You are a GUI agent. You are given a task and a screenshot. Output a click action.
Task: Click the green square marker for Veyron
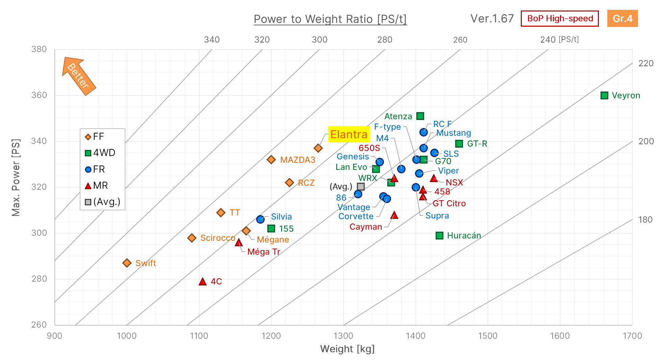pos(604,96)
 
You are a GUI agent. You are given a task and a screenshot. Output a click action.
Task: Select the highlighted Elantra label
pos(349,134)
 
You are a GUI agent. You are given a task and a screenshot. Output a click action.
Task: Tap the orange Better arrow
pos(78,76)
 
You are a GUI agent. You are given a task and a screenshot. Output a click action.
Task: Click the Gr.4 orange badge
pos(622,19)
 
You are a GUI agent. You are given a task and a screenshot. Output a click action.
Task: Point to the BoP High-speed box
pos(560,19)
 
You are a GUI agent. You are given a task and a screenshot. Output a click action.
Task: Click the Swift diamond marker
pos(127,263)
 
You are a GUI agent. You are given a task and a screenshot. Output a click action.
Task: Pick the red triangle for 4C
pos(202,281)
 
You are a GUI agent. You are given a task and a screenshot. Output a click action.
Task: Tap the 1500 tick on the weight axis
pos(488,336)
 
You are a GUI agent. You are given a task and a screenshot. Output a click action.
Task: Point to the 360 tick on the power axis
pos(39,95)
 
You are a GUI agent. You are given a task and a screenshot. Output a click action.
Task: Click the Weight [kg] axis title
pos(347,349)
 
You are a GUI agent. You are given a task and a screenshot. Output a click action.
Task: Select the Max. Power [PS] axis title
pos(16,177)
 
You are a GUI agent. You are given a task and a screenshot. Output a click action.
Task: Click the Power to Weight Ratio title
pos(330,19)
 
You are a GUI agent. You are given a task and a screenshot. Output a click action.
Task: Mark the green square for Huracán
pos(439,236)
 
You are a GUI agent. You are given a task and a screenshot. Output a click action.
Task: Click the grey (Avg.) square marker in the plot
pos(361,187)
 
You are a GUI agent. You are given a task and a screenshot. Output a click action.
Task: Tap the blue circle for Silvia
pos(260,220)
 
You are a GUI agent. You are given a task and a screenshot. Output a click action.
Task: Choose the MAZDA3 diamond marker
pos(271,160)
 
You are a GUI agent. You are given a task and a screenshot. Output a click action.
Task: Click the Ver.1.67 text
pos(492,19)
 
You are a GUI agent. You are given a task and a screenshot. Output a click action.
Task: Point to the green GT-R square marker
pos(459,144)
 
